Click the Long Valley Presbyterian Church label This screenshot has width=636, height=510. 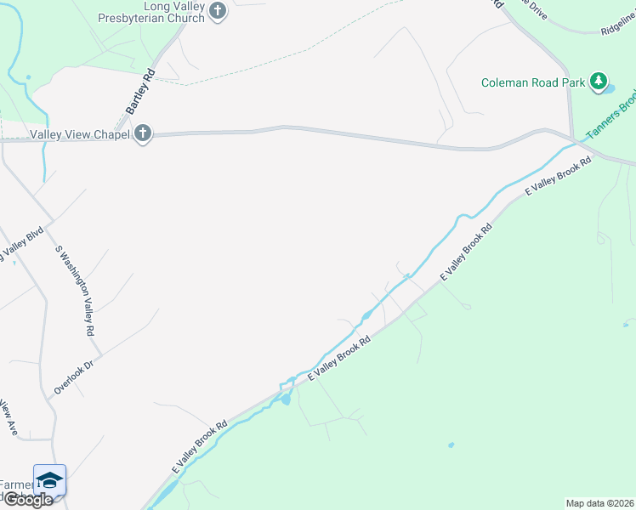156,11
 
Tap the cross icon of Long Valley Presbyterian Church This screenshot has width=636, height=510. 218,11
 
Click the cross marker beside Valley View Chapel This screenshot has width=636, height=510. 142,133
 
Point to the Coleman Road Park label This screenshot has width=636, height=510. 533,82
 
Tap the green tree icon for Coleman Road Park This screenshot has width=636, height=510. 600,82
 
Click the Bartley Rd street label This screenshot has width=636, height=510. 139,92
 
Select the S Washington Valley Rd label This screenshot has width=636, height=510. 74,292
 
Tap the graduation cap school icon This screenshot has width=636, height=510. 50,480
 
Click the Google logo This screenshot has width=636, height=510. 28,500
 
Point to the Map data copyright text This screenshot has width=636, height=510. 599,503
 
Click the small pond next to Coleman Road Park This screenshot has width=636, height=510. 610,88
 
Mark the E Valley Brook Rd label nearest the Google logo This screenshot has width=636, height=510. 199,446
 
